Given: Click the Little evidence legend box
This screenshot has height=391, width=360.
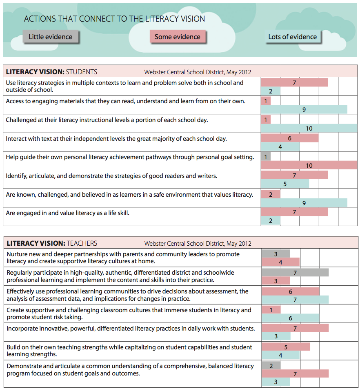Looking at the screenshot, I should click(x=50, y=37).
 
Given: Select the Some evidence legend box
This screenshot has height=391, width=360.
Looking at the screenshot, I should click(x=177, y=37).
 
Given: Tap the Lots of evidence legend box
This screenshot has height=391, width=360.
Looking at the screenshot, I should click(x=292, y=37).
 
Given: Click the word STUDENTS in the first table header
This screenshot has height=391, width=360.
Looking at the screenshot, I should click(x=82, y=72).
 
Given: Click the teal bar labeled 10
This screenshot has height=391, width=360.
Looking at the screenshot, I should click(x=309, y=129).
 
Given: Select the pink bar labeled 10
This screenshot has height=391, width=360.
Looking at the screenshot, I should click(x=309, y=165).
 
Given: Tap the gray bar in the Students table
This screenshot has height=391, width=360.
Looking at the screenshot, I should click(x=265, y=156).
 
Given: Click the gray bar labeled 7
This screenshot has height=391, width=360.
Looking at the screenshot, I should click(x=295, y=272).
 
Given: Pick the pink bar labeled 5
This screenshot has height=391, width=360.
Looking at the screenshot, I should click(x=286, y=347).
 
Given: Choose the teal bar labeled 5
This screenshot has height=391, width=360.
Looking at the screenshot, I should click(x=285, y=184).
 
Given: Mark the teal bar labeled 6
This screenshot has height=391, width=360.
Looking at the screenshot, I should click(x=291, y=318).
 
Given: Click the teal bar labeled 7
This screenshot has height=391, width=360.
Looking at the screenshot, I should click(x=295, y=300).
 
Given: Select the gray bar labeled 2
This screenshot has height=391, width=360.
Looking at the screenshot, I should click(x=271, y=366).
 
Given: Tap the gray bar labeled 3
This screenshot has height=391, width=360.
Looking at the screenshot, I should click(x=276, y=254).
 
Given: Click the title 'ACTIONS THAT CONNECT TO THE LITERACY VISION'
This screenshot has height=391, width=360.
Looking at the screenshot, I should click(x=114, y=19).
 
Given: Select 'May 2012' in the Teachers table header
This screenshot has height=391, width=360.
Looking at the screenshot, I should click(x=238, y=244).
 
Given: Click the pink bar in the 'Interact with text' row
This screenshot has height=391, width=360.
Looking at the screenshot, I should click(x=290, y=138).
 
